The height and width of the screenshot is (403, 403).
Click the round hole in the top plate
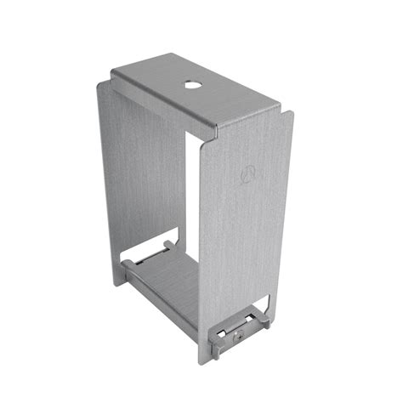(x=188, y=85)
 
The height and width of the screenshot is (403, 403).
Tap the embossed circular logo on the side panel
(x=250, y=175)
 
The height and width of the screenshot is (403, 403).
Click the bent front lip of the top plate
(x=247, y=118)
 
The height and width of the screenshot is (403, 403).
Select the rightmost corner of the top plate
(x=280, y=107)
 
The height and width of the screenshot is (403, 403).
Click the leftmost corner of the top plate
(x=112, y=75)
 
